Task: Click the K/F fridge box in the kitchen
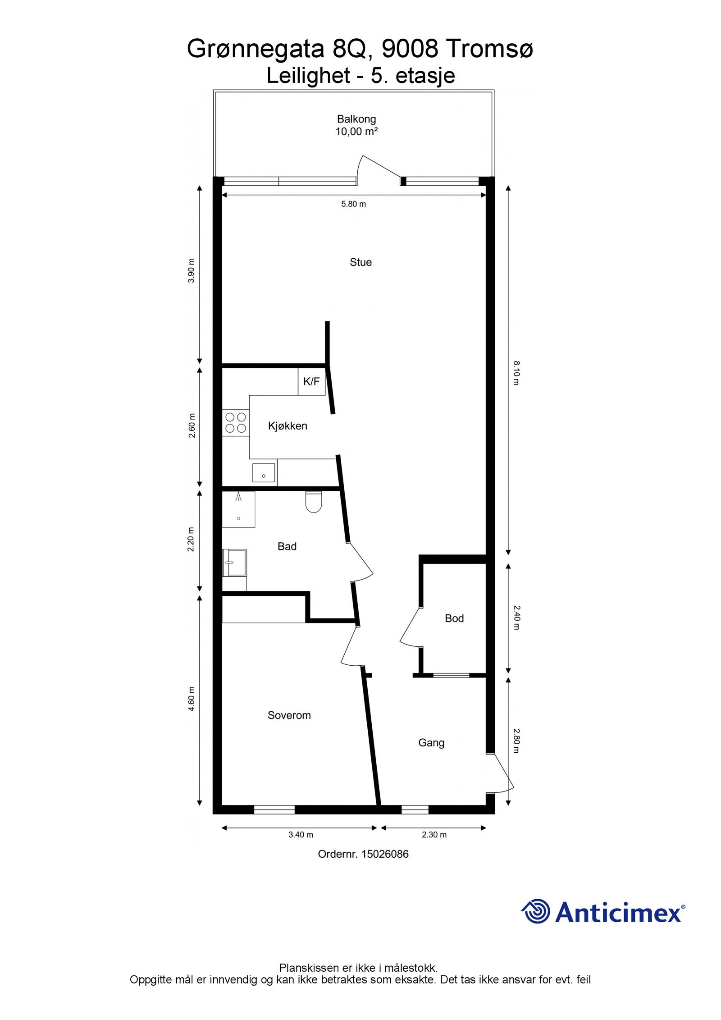(x=311, y=382)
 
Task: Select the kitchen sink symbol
(x=264, y=473)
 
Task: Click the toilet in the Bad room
(x=313, y=502)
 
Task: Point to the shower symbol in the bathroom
(x=238, y=509)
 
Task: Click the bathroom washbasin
(x=235, y=563)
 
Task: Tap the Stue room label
(x=360, y=262)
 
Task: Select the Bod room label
(x=454, y=618)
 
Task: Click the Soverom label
(x=289, y=715)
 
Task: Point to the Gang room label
(x=431, y=742)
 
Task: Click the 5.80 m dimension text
(x=353, y=204)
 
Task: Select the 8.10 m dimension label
(x=516, y=372)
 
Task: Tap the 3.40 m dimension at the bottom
(x=301, y=835)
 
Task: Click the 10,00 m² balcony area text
(x=356, y=132)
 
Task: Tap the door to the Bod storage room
(x=411, y=627)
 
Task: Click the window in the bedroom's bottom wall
(x=274, y=810)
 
